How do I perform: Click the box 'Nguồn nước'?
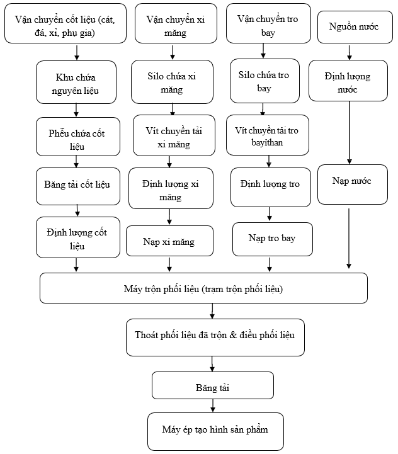click(x=355, y=27)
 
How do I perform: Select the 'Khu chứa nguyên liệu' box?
click(x=76, y=82)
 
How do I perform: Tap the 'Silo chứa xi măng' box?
click(x=172, y=82)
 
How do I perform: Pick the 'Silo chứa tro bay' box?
click(x=264, y=81)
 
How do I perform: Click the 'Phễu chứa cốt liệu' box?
click(x=78, y=137)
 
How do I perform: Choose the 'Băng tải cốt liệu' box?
click(x=78, y=186)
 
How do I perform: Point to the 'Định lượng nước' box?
click(x=348, y=81)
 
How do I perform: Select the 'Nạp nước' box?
click(x=353, y=184)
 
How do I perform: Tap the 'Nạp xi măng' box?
click(x=170, y=241)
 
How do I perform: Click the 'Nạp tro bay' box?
click(x=273, y=239)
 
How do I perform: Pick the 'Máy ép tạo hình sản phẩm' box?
click(x=215, y=431)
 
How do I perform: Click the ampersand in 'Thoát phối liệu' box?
click(x=233, y=335)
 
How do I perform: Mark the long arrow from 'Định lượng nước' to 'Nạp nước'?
click(x=350, y=133)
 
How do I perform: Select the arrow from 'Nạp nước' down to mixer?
click(x=349, y=239)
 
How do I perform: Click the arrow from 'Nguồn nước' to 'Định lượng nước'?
click(x=350, y=52)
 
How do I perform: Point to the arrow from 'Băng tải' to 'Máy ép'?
click(x=213, y=406)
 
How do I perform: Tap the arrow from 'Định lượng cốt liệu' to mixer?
click(x=76, y=264)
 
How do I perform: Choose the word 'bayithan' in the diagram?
click(x=267, y=142)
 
